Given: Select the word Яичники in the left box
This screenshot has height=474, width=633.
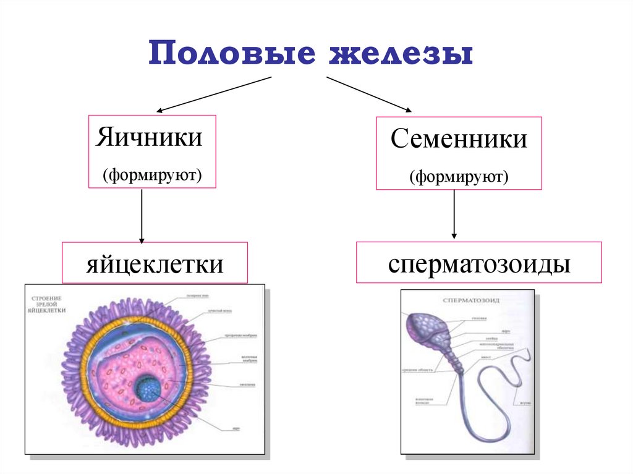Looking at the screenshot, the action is (x=148, y=137).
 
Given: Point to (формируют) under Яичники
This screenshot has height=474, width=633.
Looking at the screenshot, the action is (x=153, y=175).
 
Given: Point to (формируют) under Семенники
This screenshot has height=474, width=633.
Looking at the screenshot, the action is (x=458, y=179).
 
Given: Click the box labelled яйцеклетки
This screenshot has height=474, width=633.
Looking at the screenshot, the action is (x=155, y=265).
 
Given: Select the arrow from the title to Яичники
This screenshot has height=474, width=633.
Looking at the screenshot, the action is (x=213, y=95).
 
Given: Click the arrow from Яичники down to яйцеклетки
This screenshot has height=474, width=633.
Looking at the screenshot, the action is (x=142, y=216).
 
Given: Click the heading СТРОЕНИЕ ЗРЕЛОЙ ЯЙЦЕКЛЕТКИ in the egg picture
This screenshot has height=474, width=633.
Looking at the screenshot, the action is (x=48, y=305).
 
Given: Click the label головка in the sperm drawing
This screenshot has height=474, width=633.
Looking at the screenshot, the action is (x=480, y=319).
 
